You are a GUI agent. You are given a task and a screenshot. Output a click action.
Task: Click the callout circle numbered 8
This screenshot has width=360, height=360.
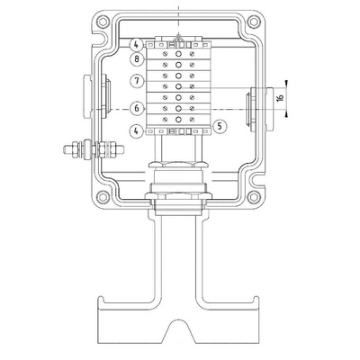[x=137, y=58]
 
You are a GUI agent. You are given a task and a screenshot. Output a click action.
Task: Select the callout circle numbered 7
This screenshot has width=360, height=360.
[x=137, y=81]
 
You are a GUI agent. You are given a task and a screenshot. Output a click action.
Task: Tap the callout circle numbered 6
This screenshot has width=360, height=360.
[x=137, y=108]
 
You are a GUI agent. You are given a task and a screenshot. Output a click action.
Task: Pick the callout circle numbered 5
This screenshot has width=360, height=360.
[x=220, y=126]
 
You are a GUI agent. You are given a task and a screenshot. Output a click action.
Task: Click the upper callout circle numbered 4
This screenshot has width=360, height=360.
[x=136, y=45]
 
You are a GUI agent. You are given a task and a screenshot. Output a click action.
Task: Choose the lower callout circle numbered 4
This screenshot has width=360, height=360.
[x=137, y=131]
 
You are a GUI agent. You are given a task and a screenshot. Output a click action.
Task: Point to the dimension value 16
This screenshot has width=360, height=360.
[x=281, y=98]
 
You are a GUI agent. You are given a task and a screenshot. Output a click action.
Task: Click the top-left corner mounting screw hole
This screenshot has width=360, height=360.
[x=103, y=22]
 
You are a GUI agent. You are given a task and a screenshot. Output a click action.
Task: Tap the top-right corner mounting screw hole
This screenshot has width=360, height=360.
[x=254, y=22]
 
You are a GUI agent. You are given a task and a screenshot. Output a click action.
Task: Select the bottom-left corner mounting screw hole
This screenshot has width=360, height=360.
[x=103, y=197]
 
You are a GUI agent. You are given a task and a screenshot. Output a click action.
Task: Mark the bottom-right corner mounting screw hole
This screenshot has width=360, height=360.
[x=254, y=197]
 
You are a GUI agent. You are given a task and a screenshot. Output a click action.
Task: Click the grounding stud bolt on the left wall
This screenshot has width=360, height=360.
[x=94, y=149]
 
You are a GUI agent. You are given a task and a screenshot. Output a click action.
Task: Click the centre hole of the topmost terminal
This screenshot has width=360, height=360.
[x=178, y=54]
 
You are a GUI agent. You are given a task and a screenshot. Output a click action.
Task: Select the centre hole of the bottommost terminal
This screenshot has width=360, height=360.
[x=178, y=120]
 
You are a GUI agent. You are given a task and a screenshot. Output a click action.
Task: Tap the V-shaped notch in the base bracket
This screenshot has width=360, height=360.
[x=179, y=330]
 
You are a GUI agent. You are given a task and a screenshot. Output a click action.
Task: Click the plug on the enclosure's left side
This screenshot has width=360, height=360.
[x=87, y=96]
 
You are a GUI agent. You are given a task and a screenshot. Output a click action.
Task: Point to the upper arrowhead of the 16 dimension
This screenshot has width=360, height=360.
[x=286, y=84]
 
